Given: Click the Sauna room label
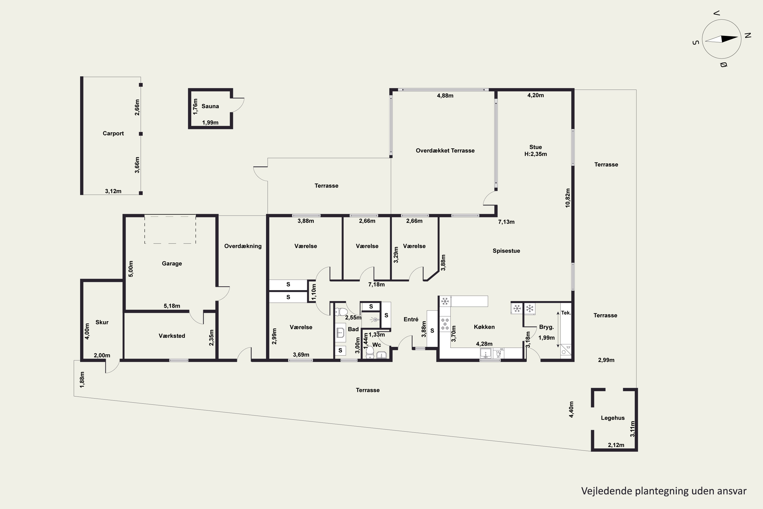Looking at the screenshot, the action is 210,106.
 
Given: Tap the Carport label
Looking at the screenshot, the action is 113,133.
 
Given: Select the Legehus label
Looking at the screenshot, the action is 612,418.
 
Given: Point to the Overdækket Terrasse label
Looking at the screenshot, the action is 445,151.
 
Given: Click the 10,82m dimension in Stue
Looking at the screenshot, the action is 567,198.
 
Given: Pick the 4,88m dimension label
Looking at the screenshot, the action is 445,95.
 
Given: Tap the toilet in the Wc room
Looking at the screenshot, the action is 370,352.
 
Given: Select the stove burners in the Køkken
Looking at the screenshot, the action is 445,324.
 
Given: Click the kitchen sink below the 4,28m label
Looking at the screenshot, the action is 486,353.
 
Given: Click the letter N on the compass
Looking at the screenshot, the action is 748,36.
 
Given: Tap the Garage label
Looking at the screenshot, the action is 172,264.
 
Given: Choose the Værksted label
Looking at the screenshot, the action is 172,336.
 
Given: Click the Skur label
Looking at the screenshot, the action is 102,322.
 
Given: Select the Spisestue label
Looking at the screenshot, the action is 506,251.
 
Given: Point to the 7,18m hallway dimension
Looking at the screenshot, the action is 376,285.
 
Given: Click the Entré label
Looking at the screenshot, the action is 411,319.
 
